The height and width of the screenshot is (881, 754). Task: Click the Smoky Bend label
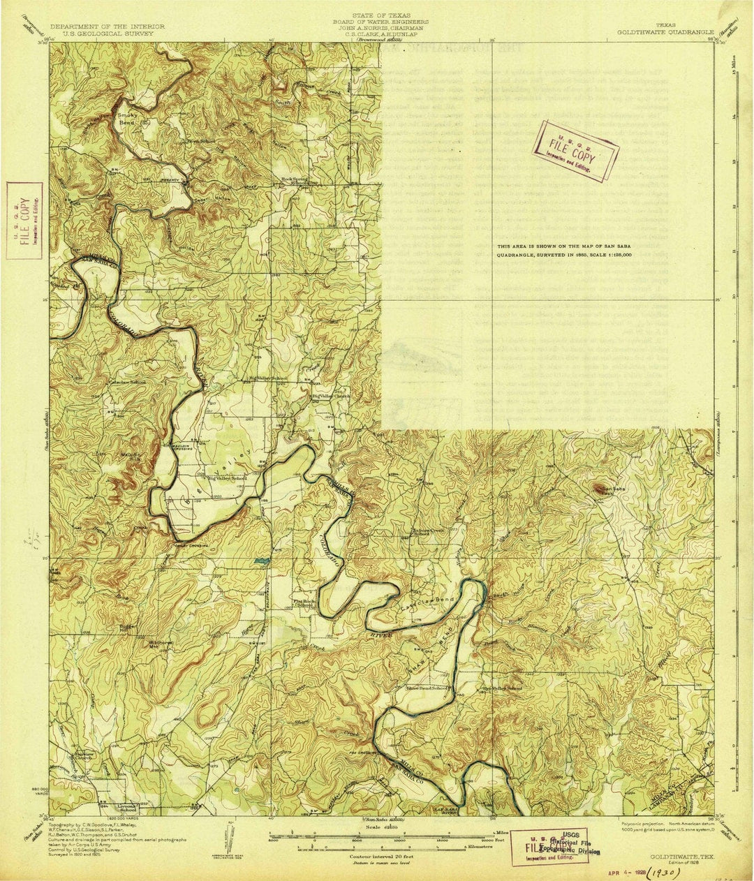128,118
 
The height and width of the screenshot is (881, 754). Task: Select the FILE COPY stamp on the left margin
24,220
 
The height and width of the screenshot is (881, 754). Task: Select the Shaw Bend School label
427,688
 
